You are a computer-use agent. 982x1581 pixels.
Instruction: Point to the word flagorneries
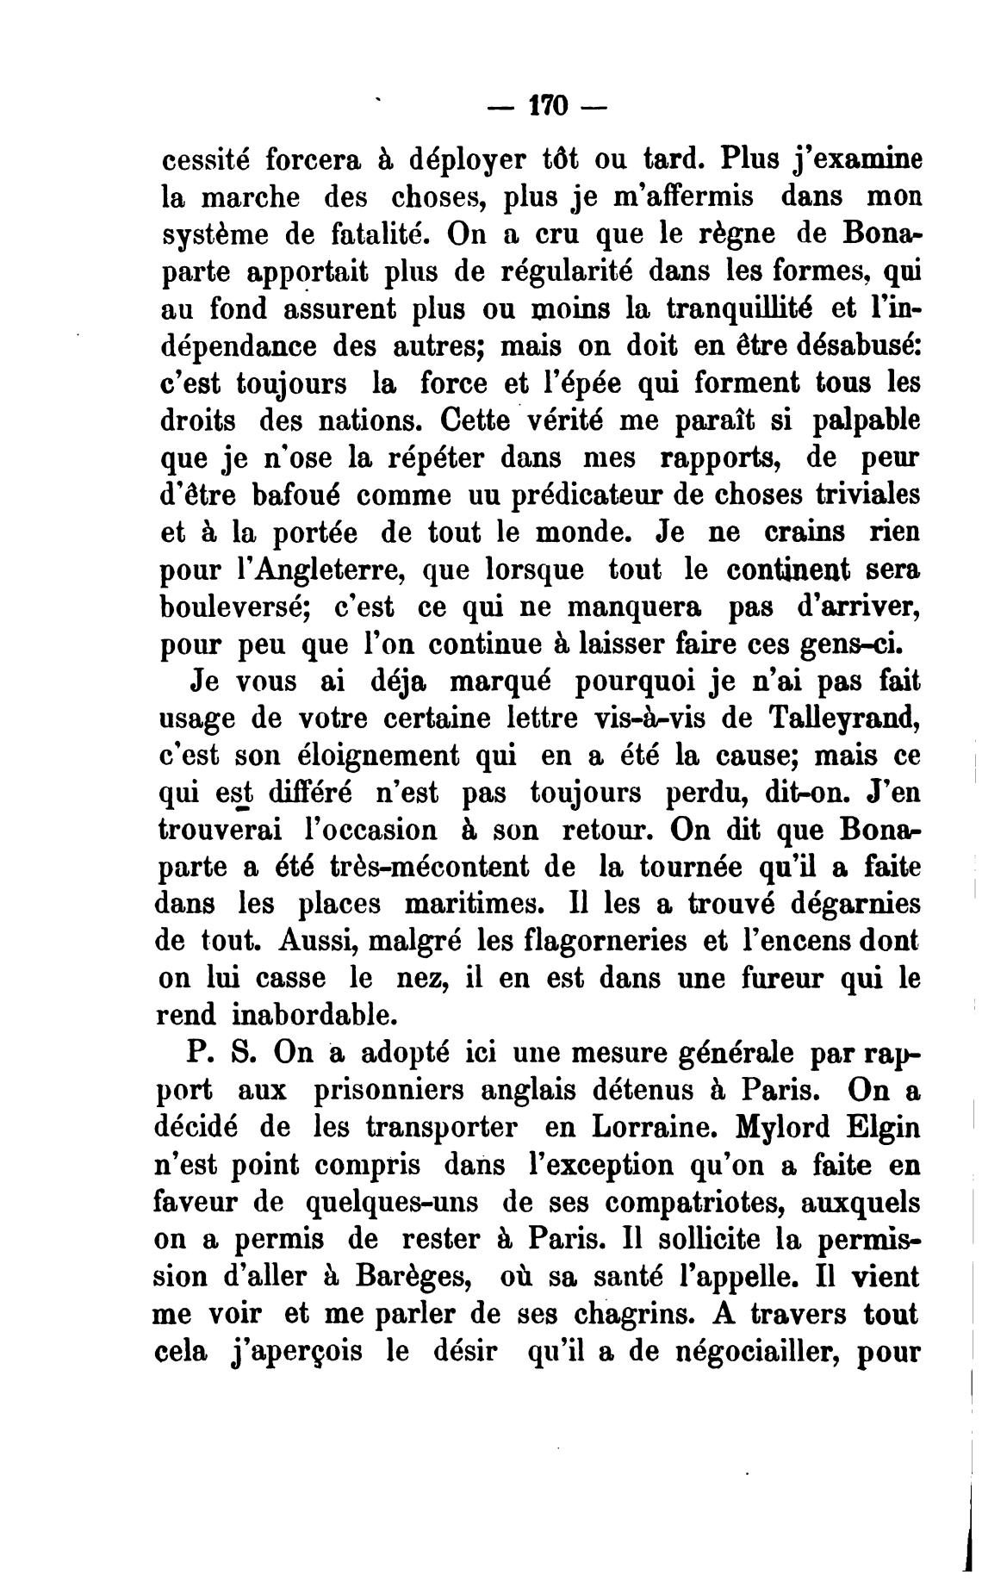point(606,941)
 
